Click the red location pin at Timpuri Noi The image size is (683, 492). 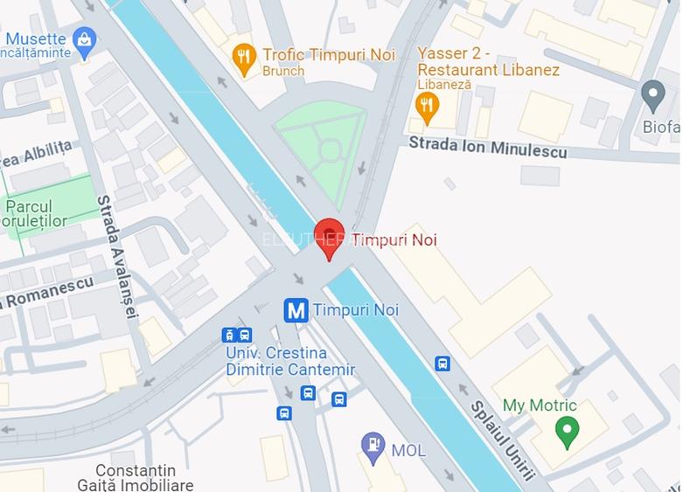329,237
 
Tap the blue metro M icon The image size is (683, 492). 296,310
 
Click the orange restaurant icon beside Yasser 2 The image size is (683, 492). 426,107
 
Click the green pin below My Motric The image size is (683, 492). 568,430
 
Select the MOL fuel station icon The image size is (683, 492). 373,447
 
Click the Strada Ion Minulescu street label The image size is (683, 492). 487,147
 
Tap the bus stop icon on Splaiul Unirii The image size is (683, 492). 443,364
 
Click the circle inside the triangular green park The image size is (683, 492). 329,151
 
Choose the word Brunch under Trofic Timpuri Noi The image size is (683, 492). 283,72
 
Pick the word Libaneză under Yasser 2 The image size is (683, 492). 444,86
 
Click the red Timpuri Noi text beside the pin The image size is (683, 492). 394,239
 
